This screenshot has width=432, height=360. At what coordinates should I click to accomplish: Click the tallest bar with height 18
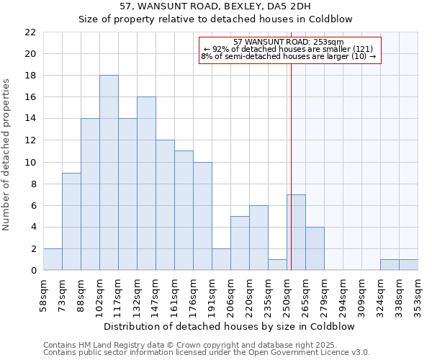(x=109, y=173)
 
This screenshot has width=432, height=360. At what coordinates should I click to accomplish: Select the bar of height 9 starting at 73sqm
(x=71, y=222)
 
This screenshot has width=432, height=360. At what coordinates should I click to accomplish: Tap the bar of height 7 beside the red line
(x=296, y=233)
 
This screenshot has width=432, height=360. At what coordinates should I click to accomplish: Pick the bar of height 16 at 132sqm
(x=146, y=184)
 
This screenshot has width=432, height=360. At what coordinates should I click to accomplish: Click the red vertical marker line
(x=291, y=180)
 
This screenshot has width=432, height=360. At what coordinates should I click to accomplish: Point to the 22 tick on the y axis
(x=31, y=32)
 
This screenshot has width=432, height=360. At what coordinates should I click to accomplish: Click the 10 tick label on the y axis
(x=31, y=162)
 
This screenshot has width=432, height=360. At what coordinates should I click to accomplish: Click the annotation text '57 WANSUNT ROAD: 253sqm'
(x=289, y=42)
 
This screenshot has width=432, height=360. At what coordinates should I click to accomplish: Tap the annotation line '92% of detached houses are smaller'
(x=289, y=49)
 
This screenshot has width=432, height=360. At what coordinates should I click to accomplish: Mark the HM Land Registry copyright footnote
(x=206, y=346)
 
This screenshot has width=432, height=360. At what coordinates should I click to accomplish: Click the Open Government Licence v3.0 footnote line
(x=206, y=353)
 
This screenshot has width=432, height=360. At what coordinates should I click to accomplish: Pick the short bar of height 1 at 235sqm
(x=277, y=265)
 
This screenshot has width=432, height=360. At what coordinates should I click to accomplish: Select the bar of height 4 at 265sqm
(x=315, y=248)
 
